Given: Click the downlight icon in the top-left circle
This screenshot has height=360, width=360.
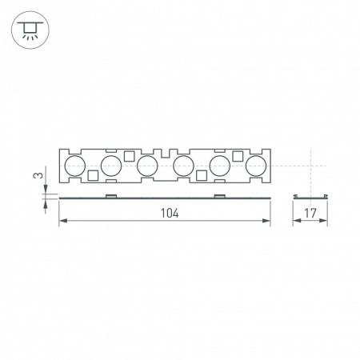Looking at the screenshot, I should coord(30,30).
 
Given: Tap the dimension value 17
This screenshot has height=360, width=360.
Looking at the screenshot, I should coord(310,214).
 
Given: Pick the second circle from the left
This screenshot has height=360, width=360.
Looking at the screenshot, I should coord(110,166).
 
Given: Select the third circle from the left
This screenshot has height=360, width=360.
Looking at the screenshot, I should coord(146,166).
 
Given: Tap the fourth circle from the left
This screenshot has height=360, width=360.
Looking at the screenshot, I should coord(183,166).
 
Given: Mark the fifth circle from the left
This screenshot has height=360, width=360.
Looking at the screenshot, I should coord(220,166).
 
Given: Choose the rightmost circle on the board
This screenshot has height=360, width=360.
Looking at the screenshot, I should coord(256,166).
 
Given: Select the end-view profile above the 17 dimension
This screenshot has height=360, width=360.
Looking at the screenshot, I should coord(310,196).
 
